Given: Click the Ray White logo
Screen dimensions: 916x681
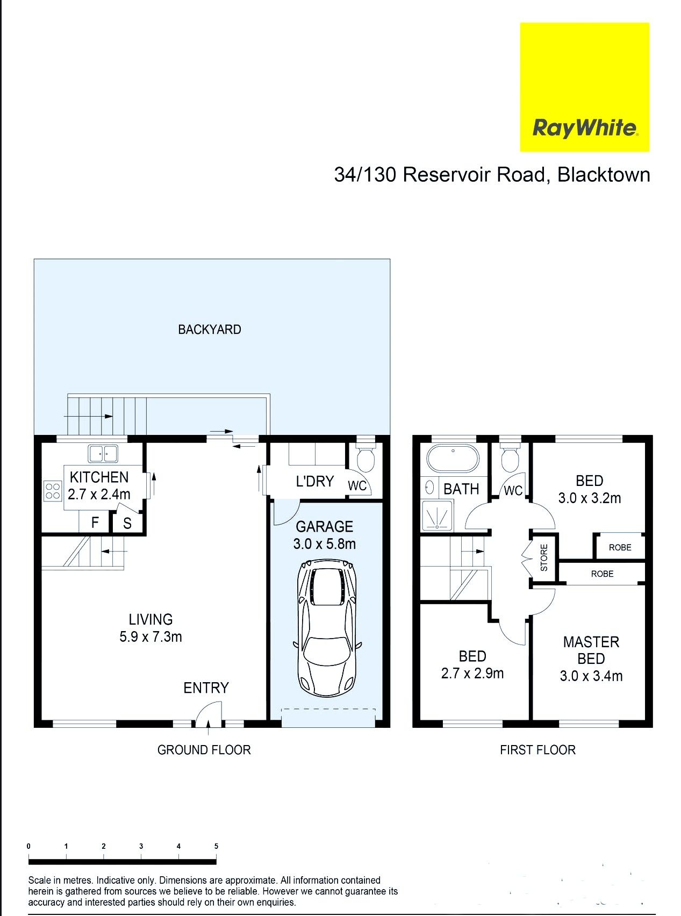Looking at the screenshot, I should tap(584, 87).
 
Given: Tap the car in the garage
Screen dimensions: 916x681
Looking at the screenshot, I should tap(327, 627).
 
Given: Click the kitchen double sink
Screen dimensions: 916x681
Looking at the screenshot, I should tap(104, 453).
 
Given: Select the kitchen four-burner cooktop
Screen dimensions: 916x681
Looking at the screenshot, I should tap(53, 490).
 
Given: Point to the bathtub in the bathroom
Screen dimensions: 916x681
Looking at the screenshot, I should tap(453, 458).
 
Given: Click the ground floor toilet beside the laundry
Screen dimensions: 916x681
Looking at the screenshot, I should tap(365, 457).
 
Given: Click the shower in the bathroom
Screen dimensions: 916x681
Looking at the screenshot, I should tap(437, 514).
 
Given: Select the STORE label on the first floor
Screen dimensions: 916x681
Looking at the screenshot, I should tap(544, 557).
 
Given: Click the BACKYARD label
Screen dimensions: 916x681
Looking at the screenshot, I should tap(210, 330).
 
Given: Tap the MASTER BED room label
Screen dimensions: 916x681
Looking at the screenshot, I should tap(591, 650).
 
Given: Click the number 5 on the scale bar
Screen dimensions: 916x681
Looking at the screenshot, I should tap(217, 846).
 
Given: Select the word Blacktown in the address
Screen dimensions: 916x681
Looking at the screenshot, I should tap(604, 175).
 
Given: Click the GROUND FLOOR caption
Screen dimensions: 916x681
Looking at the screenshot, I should tap(204, 750).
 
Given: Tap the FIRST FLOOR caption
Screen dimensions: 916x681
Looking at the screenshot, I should tap(537, 750).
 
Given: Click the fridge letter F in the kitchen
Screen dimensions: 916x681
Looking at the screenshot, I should tap(95, 523).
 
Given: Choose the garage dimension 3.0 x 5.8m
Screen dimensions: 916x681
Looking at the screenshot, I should tap(325, 544).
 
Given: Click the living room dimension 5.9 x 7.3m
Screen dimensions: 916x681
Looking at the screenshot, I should tap(150, 637).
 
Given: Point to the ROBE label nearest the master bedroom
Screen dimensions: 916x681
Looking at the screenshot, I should tap(602, 574).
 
